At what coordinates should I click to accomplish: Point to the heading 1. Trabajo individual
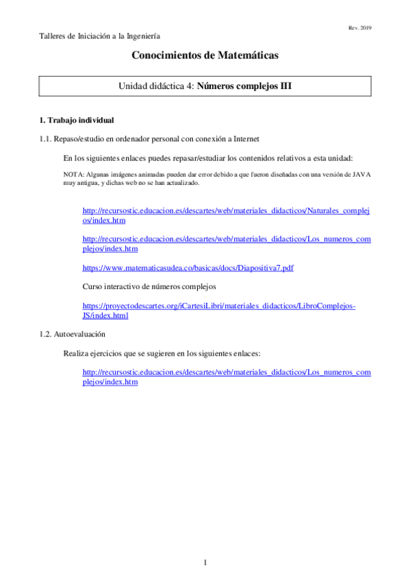click(76, 120)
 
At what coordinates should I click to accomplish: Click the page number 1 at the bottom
click(205, 563)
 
